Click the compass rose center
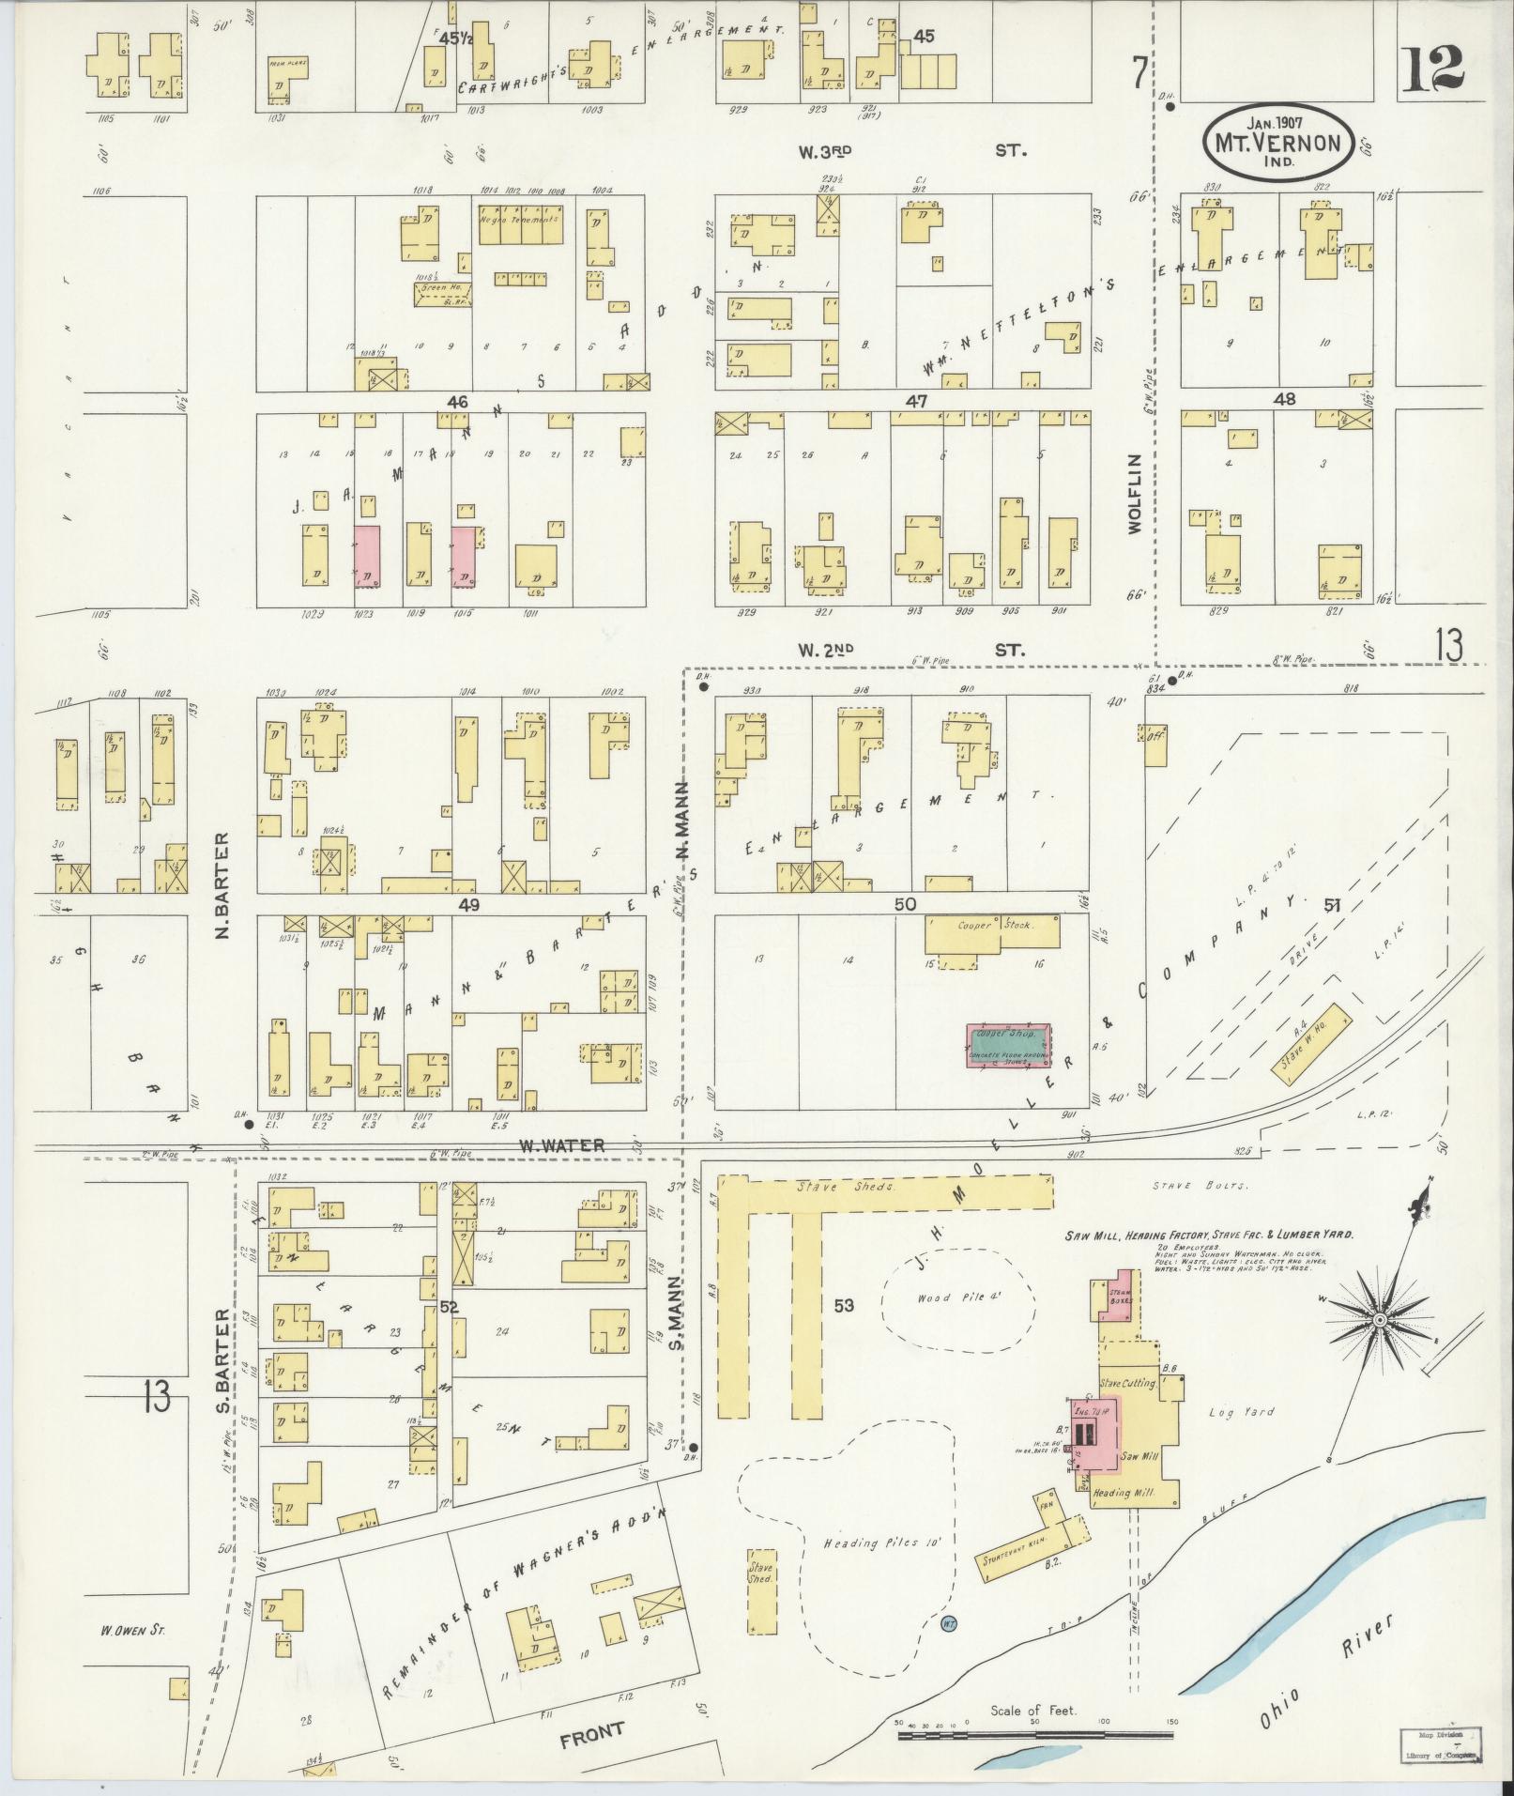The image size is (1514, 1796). pyautogui.click(x=1380, y=1320)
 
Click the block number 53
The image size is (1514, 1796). pyautogui.click(x=844, y=1304)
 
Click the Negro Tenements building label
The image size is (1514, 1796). pyautogui.click(x=519, y=220)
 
